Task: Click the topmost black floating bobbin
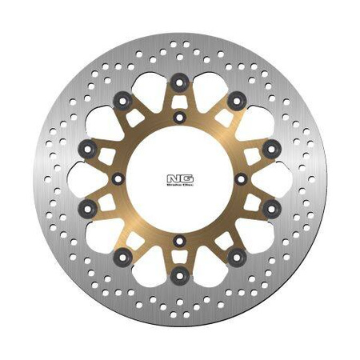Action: pyautogui.click(x=179, y=81)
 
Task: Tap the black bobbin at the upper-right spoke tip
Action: pyautogui.click(x=238, y=99)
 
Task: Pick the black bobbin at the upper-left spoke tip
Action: pyautogui.click(x=122, y=99)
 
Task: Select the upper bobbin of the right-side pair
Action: pyautogui.click(x=271, y=146)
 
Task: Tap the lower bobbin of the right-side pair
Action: pyautogui.click(x=271, y=208)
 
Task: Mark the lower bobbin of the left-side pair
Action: pyautogui.click(x=88, y=208)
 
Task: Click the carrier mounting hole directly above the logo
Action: pyautogui.click(x=180, y=118)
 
